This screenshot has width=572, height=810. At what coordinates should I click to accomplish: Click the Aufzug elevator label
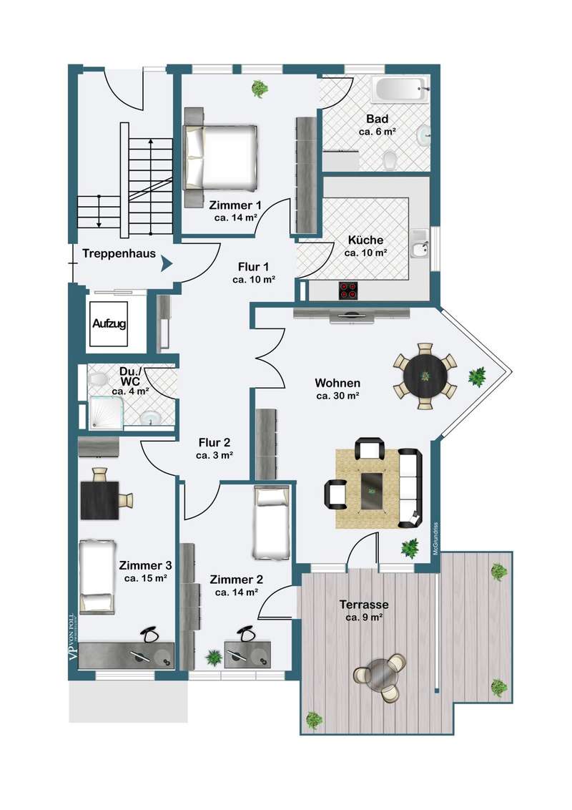[x=109, y=324]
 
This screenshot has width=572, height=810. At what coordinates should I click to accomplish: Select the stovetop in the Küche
[x=348, y=291]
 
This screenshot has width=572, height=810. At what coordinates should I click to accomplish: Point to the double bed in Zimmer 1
[x=221, y=156]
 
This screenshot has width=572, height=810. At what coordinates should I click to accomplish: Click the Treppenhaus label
[x=119, y=253]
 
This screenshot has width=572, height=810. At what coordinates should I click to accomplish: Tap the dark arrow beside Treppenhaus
[x=166, y=264]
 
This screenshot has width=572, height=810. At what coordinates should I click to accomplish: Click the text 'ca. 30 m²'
[x=337, y=396]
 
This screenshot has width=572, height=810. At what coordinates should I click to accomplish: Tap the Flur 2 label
[x=214, y=443]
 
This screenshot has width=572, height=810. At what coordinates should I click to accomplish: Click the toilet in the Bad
[x=390, y=159]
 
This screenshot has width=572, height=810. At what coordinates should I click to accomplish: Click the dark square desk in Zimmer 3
[x=100, y=500]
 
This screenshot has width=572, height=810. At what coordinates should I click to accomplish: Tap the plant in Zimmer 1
[x=259, y=89]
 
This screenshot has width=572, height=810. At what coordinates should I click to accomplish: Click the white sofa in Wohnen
[x=410, y=488]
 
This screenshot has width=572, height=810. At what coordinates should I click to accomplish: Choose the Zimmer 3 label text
[x=145, y=566]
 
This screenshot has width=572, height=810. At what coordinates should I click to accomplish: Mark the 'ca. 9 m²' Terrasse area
[x=364, y=618]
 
